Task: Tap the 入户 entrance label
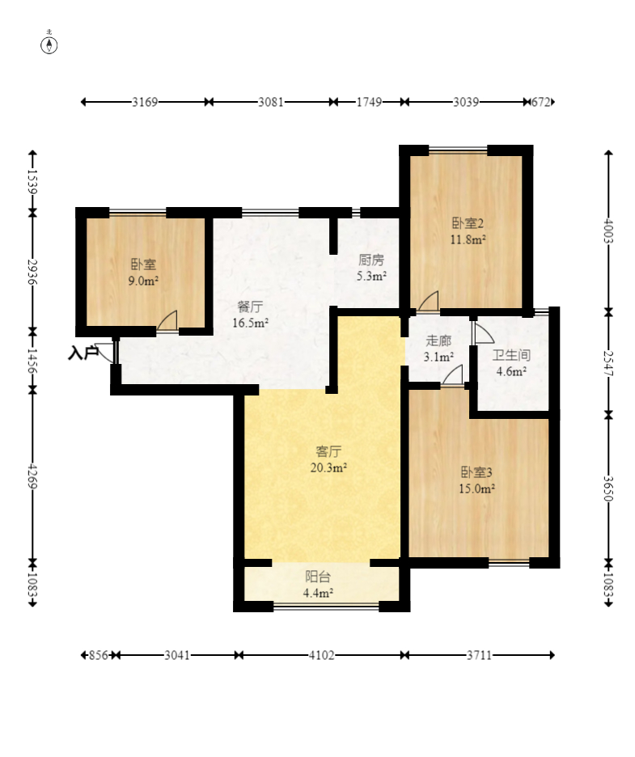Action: (83, 353)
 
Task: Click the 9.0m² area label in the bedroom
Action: (143, 281)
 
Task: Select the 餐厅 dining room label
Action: (250, 307)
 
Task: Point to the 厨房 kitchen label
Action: (370, 260)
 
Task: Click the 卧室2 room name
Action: (468, 223)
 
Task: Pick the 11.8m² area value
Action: (468, 239)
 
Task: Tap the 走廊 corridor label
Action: (438, 340)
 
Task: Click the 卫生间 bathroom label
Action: (511, 355)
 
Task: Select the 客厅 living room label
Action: (328, 451)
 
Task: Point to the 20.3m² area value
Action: (328, 467)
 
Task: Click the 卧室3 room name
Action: (476, 472)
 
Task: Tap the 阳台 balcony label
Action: (318, 577)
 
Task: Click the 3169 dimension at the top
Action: (145, 102)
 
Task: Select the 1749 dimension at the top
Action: (369, 102)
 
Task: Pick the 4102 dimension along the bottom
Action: (322, 655)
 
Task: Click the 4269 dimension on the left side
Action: (32, 476)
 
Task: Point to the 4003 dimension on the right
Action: (608, 230)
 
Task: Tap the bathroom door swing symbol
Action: (484, 332)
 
